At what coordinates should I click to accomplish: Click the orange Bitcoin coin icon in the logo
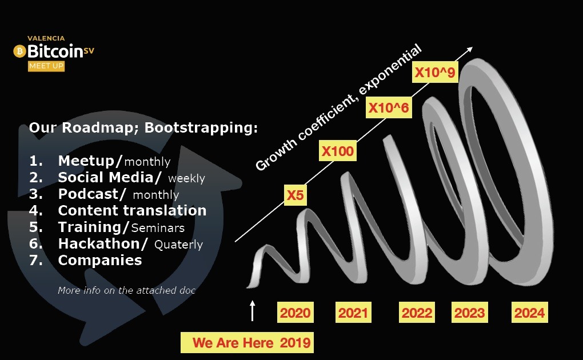(19, 51)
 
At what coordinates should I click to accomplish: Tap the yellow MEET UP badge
(46, 66)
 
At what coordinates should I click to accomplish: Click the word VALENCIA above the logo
(46, 38)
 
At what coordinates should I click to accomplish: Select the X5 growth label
(296, 195)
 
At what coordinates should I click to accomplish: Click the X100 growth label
(338, 151)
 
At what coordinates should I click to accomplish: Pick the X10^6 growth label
(389, 107)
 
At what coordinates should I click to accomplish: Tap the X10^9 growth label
(435, 72)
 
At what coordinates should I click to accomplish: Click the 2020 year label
(296, 313)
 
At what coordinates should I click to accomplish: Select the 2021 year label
(353, 313)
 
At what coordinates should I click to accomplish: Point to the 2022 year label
(417, 313)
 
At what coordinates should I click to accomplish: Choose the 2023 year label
(470, 313)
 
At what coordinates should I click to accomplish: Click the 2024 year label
(529, 313)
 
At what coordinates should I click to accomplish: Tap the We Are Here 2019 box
(247, 342)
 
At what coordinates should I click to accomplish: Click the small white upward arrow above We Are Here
(253, 310)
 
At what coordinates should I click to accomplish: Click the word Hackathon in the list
(98, 243)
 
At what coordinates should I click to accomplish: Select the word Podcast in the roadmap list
(88, 194)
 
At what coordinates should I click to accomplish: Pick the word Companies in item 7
(100, 260)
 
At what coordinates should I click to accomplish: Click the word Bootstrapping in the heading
(201, 127)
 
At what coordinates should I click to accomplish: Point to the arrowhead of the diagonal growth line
(470, 49)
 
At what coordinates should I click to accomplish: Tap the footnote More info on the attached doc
(126, 290)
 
